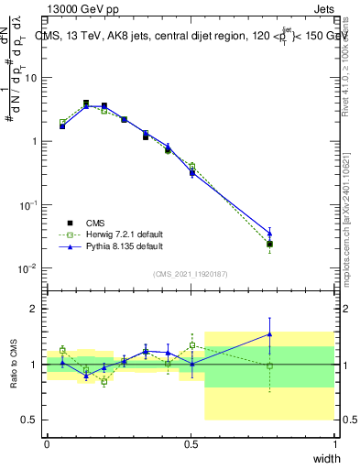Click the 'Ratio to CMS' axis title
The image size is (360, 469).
click(14, 364)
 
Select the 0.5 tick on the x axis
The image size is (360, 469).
click(191, 443)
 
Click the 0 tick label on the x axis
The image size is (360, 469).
click(47, 443)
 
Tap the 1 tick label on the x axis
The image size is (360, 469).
click(334, 443)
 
